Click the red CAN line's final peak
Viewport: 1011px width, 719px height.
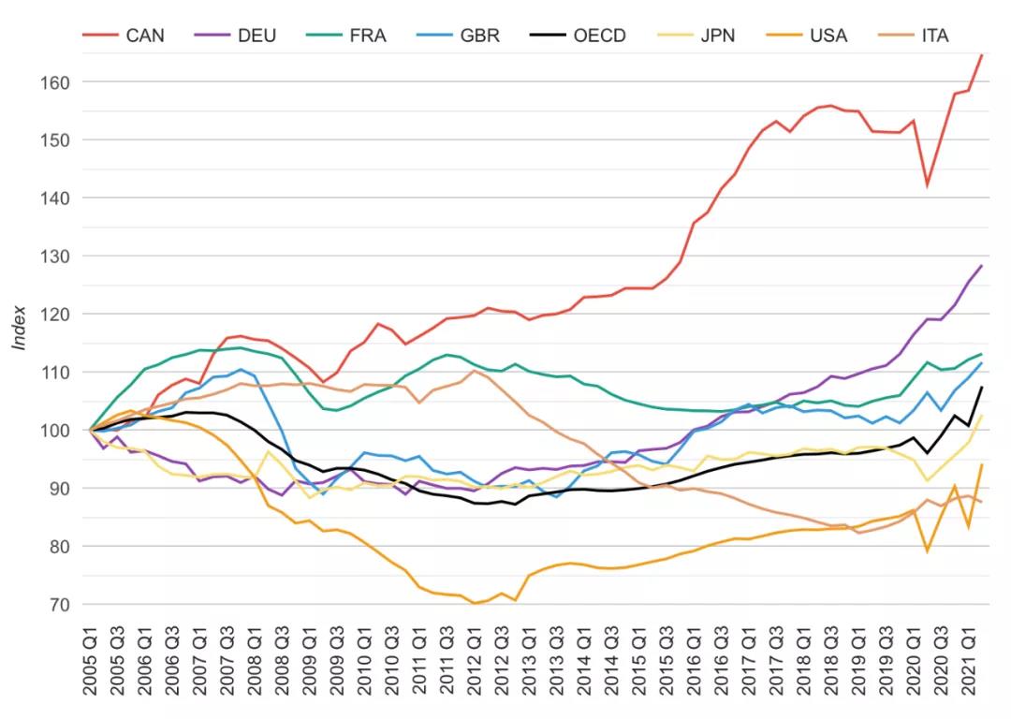pyautogui.click(x=982, y=54)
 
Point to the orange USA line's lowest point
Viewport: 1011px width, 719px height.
pyautogui.click(x=475, y=603)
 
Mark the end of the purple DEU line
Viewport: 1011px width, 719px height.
pyautogui.click(x=982, y=265)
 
